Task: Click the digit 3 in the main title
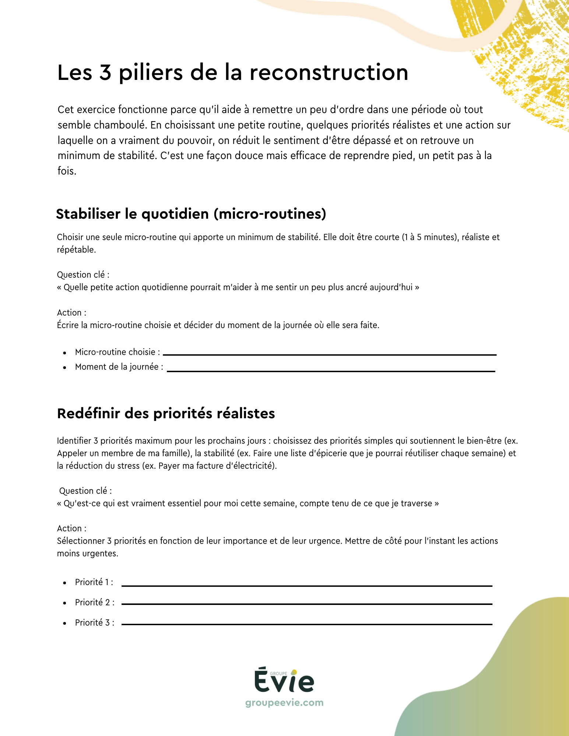tap(105, 73)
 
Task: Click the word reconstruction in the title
tap(329, 73)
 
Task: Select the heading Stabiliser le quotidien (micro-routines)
tap(191, 214)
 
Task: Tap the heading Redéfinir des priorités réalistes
tap(166, 413)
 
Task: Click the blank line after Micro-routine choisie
tap(330, 354)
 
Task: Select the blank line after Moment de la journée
tap(331, 371)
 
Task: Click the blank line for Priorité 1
tap(307, 585)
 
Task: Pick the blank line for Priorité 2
tap(307, 604)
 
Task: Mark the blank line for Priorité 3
tap(307, 624)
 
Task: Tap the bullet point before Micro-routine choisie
tap(65, 353)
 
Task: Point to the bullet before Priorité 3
tap(65, 623)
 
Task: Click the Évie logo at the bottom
tap(284, 682)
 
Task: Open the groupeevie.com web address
tap(284, 702)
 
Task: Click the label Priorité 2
tap(94, 602)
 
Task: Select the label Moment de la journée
tap(119, 367)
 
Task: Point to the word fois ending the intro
tap(66, 171)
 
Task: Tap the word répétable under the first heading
tap(76, 250)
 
